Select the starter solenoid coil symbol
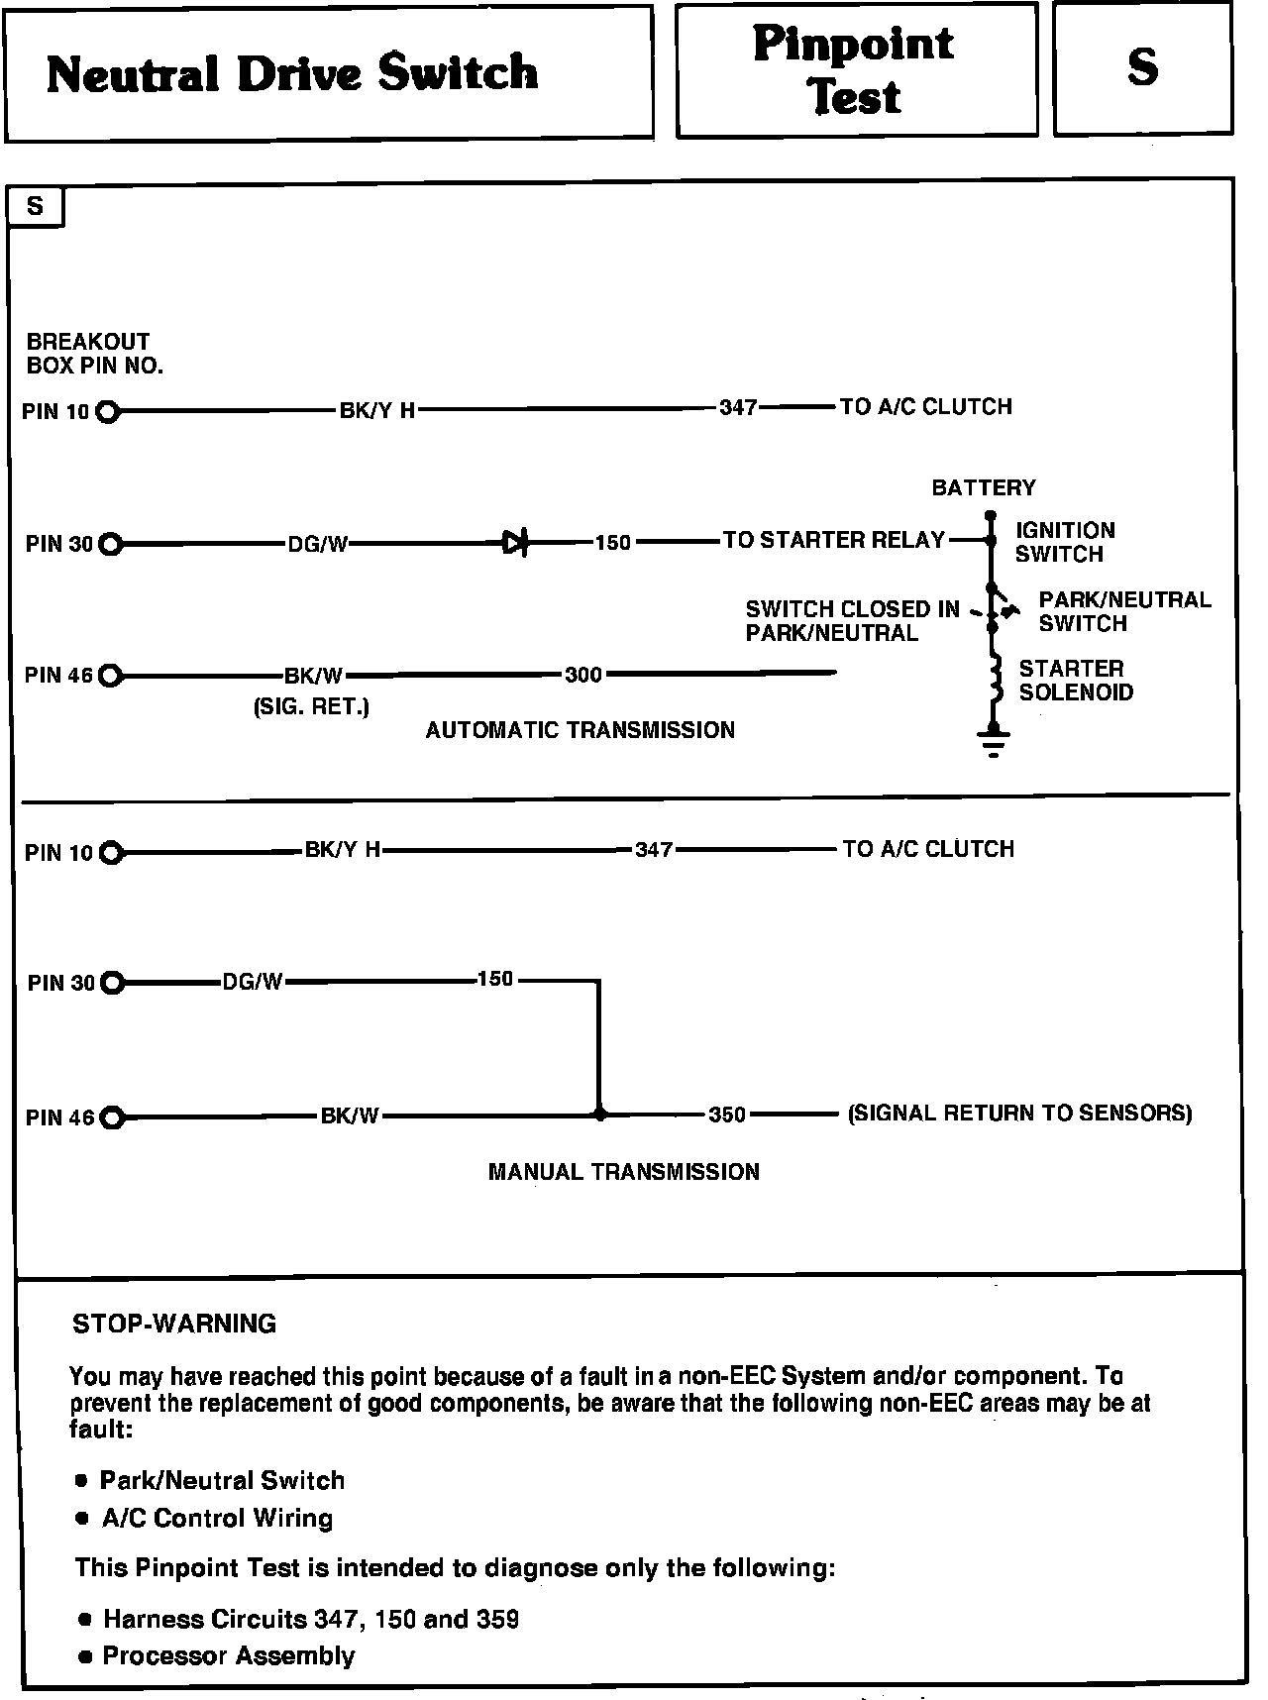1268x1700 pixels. pos(992,683)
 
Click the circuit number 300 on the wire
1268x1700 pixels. pos(583,675)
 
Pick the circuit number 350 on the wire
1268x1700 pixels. pos(727,1115)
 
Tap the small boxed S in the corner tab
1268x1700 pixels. pos(36,206)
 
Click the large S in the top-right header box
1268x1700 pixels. pos(1142,66)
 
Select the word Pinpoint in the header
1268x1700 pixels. pos(854,44)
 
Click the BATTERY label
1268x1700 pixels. pos(984,487)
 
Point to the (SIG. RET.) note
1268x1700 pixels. pos(311,706)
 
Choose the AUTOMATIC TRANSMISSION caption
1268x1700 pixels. pos(581,730)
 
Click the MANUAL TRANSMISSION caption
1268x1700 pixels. pos(624,1172)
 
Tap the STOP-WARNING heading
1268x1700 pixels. pos(174,1324)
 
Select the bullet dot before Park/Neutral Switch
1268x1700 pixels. pos(82,1481)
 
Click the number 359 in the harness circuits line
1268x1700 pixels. pos(497,1619)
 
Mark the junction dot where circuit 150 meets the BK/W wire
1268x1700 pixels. pos(599,1115)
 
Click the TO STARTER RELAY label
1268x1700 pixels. pos(834,540)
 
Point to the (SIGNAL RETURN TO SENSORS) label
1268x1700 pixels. pos(1020,1113)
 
